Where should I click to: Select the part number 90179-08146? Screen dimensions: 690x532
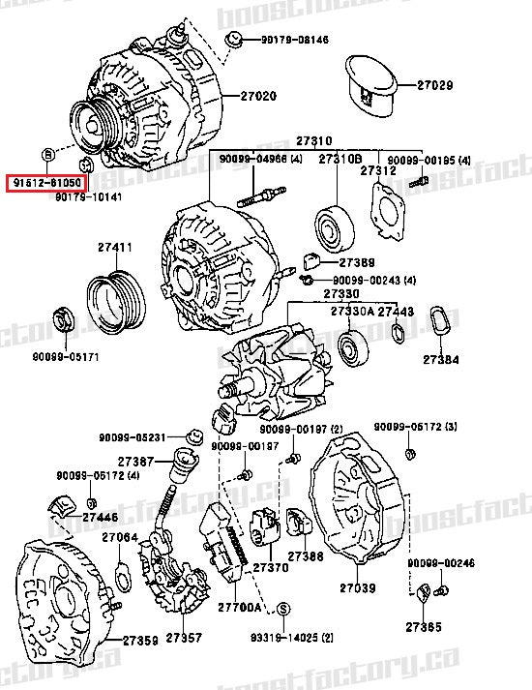294,40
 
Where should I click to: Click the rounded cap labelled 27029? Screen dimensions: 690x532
369,85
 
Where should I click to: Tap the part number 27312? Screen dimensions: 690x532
378,170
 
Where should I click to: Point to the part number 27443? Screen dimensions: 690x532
396,312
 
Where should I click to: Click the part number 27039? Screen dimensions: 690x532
356,587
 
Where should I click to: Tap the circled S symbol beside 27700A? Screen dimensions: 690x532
283,608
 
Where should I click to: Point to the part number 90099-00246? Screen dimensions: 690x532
440,562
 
